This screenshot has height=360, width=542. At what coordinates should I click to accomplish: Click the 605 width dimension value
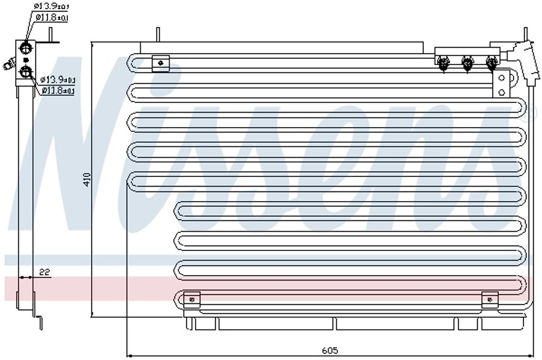(x=329, y=350)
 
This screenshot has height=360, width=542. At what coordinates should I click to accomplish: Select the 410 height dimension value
(x=87, y=179)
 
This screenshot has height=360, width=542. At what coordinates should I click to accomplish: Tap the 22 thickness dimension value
(x=44, y=273)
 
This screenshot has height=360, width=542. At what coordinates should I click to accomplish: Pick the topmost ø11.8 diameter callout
(x=52, y=17)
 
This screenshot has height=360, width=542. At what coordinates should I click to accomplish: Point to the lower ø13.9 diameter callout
(x=57, y=80)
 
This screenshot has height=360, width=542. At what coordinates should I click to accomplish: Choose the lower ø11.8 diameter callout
(x=58, y=91)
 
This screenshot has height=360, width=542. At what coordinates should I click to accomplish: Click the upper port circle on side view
(x=26, y=48)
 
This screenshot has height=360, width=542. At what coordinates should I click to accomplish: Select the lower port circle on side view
(x=26, y=72)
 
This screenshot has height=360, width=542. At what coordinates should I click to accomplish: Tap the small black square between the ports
(x=26, y=60)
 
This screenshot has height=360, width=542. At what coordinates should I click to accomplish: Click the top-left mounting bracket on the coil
(x=160, y=62)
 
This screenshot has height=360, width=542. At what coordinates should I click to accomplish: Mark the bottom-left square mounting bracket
(x=192, y=299)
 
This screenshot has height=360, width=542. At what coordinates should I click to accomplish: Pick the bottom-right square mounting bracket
(x=490, y=298)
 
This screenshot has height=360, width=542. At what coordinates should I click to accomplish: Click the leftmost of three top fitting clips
(x=444, y=62)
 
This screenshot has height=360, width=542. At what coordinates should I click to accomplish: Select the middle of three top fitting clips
(x=467, y=62)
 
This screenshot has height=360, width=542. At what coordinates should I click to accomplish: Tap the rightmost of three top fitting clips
(x=491, y=62)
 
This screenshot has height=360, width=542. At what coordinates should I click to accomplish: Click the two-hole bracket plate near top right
(x=501, y=84)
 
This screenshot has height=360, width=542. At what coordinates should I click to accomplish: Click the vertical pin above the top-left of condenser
(x=158, y=34)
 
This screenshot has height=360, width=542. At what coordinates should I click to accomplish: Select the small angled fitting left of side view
(x=9, y=63)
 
